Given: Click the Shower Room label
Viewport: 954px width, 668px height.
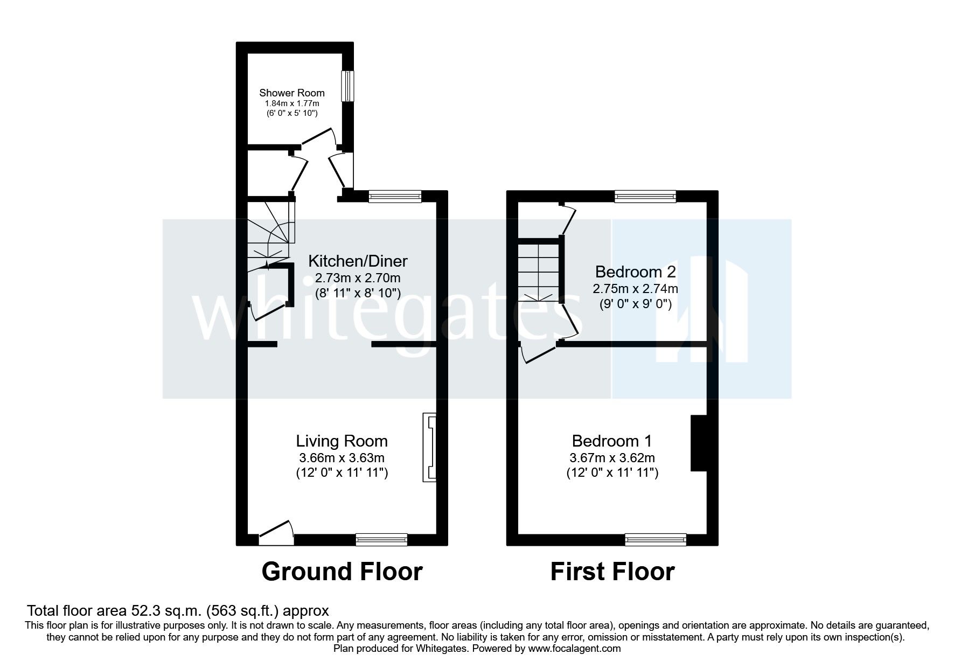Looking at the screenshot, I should [x=292, y=93].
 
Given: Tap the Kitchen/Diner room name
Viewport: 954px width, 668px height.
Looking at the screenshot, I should [x=358, y=261].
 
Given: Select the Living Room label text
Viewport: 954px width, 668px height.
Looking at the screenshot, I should [x=342, y=441].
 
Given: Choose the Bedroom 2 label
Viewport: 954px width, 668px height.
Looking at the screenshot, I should [x=635, y=271].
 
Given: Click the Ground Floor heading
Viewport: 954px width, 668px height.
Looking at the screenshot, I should [x=342, y=572].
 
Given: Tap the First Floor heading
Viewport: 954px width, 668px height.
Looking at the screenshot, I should [x=612, y=572].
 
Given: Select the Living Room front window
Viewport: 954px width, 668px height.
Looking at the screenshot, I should [x=381, y=539].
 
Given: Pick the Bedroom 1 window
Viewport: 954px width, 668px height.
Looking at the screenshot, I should [x=656, y=539].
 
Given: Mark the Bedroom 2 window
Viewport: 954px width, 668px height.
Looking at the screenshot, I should [x=645, y=197].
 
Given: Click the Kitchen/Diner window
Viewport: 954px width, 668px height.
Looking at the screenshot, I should [x=395, y=197].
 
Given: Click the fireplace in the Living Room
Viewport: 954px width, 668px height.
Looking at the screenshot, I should [x=429, y=447].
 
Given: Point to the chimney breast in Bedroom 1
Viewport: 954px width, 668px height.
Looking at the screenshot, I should [x=698, y=443].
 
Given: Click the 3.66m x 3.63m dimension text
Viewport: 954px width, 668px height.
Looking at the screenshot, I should [x=342, y=458].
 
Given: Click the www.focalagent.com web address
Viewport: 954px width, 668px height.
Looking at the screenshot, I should [x=574, y=649].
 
